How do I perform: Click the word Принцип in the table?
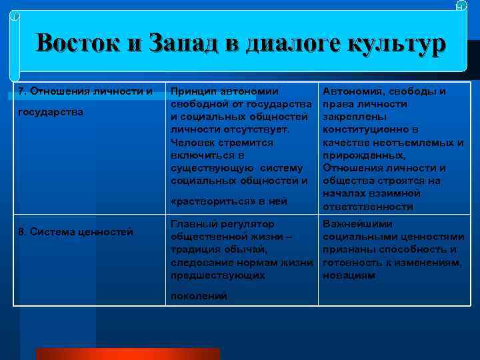point(194,91)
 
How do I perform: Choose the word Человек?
point(194,142)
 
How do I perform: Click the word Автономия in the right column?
point(352,91)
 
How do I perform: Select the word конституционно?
point(361,129)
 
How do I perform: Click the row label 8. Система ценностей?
point(75,232)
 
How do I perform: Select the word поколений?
point(199,295)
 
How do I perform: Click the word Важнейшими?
point(357,224)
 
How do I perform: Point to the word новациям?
point(349,275)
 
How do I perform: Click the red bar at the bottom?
point(127,353)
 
